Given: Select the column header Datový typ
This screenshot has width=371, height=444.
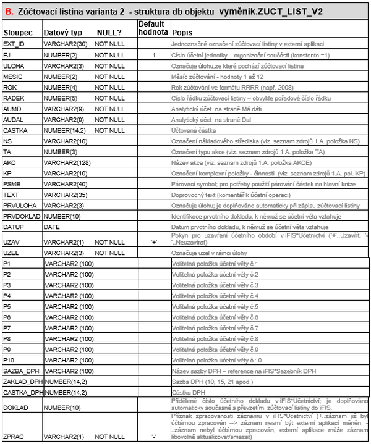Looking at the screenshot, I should (x=61, y=31).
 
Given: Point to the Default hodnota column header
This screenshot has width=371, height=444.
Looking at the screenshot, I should (x=152, y=27).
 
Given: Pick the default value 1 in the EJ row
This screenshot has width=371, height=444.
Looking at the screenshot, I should (x=153, y=56).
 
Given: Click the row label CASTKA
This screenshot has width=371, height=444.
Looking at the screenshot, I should (x=15, y=130).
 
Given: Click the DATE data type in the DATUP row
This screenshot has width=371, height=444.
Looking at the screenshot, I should (x=53, y=227).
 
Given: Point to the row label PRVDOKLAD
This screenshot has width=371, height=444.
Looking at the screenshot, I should (x=23, y=216).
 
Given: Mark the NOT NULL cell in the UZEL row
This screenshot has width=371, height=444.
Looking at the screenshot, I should (x=109, y=253).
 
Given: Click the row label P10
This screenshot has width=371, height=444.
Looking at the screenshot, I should (x=9, y=360).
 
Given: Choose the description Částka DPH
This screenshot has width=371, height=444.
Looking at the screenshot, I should (x=188, y=393).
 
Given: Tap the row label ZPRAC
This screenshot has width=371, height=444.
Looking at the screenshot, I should (x=13, y=436).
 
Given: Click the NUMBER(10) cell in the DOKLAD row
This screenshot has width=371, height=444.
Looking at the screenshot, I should (x=62, y=408).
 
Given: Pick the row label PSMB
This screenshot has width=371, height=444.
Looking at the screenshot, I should (x=12, y=184).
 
